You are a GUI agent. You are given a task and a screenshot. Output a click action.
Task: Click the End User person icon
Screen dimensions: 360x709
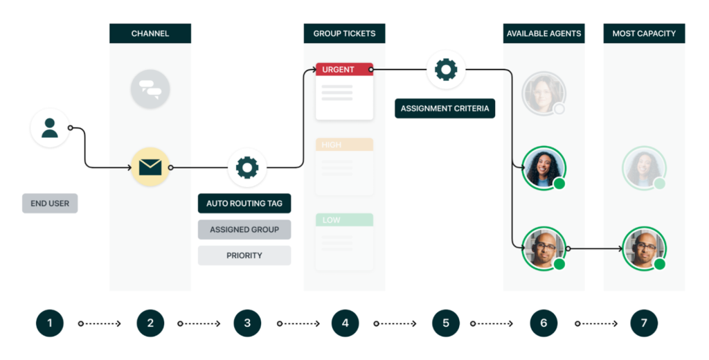click(x=50, y=128)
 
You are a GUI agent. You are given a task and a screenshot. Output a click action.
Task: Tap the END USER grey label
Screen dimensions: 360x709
click(x=50, y=204)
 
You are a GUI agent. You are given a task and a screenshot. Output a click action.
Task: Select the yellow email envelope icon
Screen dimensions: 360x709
click(x=150, y=167)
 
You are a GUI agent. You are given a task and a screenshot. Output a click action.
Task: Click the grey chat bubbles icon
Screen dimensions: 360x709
click(x=150, y=89)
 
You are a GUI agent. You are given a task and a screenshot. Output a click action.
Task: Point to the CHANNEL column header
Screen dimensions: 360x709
click(x=150, y=33)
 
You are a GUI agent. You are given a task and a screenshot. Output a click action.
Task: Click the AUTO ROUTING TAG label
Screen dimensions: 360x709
click(x=244, y=204)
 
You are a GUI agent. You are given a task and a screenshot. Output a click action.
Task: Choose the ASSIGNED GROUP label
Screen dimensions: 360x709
click(x=244, y=229)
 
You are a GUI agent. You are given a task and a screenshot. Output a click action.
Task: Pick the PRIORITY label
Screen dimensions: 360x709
click(x=244, y=255)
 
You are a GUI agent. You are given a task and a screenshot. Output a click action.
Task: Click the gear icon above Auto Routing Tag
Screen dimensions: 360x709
click(x=247, y=167)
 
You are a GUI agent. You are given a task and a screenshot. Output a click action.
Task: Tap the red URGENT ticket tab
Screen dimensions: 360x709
click(x=344, y=69)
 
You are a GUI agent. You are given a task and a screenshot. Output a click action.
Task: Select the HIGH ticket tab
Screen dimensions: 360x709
click(x=344, y=145)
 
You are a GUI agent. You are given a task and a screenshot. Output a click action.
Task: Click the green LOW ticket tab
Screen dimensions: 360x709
click(x=344, y=219)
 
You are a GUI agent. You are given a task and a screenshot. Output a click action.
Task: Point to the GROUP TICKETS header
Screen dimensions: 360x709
click(x=344, y=33)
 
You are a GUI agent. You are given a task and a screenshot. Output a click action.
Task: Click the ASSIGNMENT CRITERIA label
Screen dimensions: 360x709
click(x=445, y=109)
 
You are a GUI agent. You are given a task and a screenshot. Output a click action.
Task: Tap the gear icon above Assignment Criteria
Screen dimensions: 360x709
click(x=445, y=69)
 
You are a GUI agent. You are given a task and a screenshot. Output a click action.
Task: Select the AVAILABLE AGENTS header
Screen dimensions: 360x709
click(x=544, y=33)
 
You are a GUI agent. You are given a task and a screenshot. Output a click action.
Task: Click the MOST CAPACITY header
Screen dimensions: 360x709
click(x=644, y=33)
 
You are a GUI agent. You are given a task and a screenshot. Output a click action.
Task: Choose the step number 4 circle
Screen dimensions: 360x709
click(x=345, y=323)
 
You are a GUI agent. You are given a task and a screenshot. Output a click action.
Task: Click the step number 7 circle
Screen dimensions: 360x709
click(x=644, y=323)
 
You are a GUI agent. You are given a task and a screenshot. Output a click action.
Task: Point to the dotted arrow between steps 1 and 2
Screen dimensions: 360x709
click(x=100, y=323)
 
